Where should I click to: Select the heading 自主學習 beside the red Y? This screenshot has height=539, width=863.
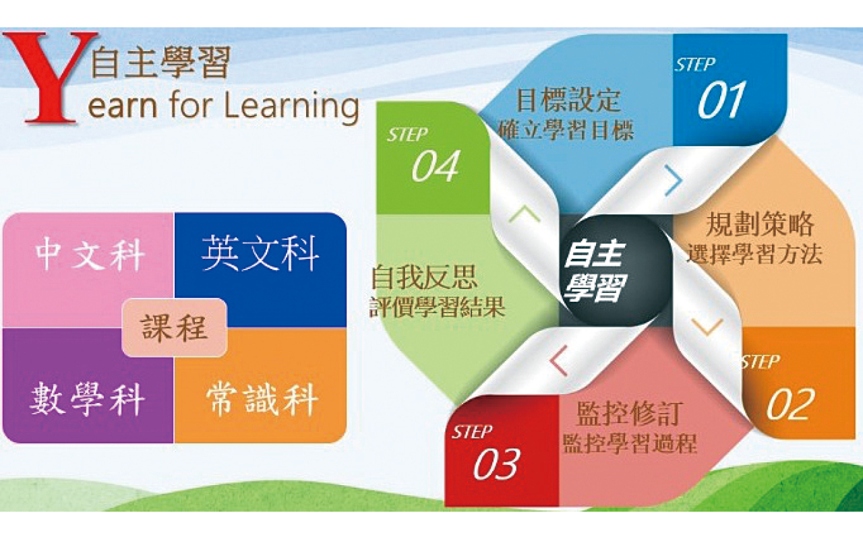[x=160, y=62]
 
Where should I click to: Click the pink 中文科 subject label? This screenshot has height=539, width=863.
[x=90, y=254]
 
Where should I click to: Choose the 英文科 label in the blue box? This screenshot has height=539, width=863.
[x=260, y=253]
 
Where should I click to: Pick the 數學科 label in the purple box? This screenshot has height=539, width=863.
[x=87, y=399]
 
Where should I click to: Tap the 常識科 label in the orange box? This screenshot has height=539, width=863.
[x=262, y=400]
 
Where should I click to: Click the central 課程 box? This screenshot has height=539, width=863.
[x=175, y=327]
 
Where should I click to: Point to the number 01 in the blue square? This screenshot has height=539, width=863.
[x=721, y=100]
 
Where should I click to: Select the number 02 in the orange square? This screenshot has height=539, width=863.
[x=790, y=404]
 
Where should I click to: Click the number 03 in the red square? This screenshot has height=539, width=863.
[x=497, y=464]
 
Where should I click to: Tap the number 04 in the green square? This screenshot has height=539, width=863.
[x=436, y=166]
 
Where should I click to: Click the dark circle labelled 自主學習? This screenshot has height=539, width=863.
[x=616, y=271]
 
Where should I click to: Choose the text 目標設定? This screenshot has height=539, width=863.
[x=568, y=100]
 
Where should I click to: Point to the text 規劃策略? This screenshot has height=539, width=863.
[x=759, y=224]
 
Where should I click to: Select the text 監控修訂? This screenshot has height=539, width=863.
[x=630, y=414]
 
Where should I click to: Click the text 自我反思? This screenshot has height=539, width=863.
[x=424, y=277]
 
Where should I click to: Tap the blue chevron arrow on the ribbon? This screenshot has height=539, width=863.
[x=674, y=180]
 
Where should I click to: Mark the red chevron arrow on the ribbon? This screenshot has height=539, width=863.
[x=559, y=360]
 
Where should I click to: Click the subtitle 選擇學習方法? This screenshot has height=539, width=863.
[x=754, y=254]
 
